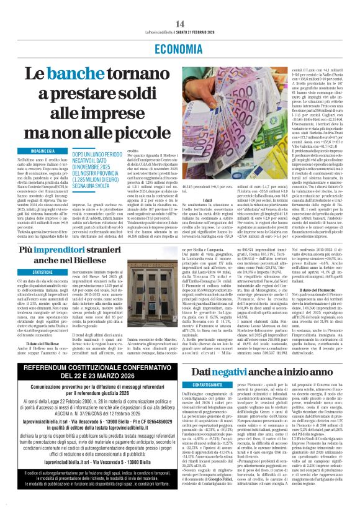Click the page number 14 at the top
[180, 7]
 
